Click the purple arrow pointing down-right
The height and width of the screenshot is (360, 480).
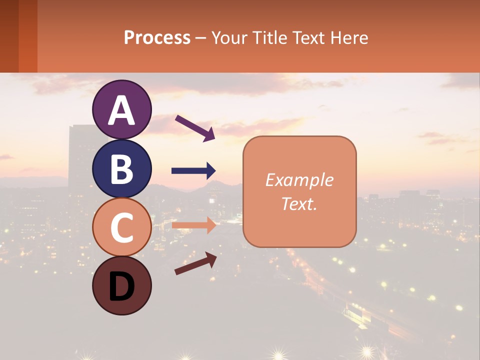[195, 128]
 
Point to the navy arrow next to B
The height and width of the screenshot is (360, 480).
[193, 171]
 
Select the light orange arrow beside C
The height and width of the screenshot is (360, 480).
[193, 225]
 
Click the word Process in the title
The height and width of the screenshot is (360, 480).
[157, 37]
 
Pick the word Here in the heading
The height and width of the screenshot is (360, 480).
[349, 37]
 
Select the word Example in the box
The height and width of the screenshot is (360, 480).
[299, 180]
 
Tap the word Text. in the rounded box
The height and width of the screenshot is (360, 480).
[299, 203]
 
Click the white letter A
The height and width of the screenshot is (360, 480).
[121, 110]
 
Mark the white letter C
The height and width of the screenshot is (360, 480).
[121, 227]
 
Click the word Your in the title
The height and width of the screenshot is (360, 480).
[228, 37]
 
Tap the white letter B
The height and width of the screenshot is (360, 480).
[121, 169]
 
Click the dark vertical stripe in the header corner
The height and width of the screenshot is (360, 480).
[9, 36]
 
